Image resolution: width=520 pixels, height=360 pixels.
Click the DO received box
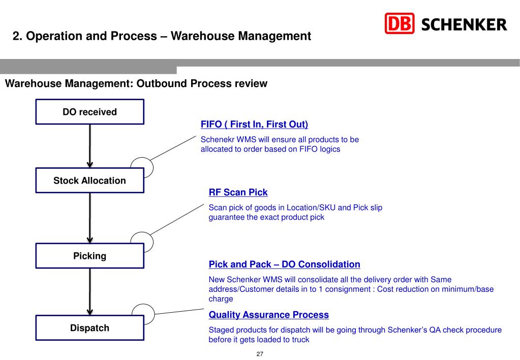tap(89, 112)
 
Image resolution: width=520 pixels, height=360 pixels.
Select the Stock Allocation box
tap(89, 181)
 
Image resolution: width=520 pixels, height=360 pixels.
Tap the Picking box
tap(89, 256)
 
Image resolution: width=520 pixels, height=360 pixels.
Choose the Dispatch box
tap(89, 328)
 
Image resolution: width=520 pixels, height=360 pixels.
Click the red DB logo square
tap(400, 23)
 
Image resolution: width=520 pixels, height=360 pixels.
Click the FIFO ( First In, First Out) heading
tap(254, 125)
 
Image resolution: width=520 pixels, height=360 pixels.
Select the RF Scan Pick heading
tap(238, 192)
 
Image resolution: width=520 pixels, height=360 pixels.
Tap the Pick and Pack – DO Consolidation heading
tap(284, 264)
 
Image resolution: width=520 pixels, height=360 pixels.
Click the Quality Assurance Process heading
tap(268, 315)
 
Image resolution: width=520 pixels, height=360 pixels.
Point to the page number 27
tap(259, 354)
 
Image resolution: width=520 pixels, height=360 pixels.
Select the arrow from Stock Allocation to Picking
tap(90, 218)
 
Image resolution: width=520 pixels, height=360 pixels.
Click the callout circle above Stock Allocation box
tap(142, 163)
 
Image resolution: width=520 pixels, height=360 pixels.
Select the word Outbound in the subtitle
tap(162, 83)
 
